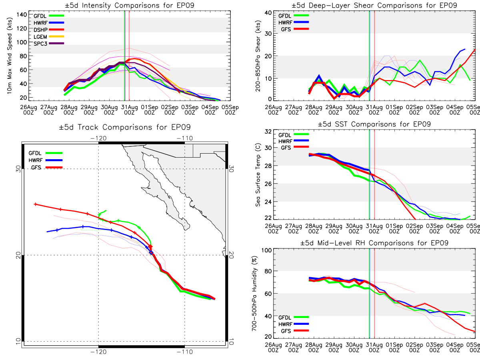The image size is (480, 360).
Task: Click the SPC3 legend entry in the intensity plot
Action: [x=49, y=44]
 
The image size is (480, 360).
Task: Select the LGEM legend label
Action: [x=40, y=37]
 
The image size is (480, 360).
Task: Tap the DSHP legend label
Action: [x=40, y=30]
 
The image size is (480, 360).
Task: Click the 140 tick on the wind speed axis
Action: [x=22, y=15]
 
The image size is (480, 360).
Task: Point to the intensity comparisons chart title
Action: [x=130, y=5]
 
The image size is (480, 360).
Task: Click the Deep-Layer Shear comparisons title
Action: [x=374, y=5]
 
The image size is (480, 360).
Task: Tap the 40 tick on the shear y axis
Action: [x=268, y=13]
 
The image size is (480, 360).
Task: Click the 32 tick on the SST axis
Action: [x=268, y=132]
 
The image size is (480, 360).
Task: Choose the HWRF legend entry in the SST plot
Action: [x=294, y=141]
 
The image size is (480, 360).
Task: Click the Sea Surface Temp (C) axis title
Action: [x=258, y=175]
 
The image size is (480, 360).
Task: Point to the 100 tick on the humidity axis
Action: [x=267, y=250]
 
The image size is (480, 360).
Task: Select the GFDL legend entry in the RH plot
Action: [x=294, y=317]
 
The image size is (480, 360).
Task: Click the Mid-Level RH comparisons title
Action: [x=374, y=243]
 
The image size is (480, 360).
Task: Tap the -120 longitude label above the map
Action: [x=98, y=138]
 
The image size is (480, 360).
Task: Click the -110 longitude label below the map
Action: [x=184, y=352]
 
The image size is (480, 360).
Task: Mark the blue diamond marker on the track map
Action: [x=151, y=253]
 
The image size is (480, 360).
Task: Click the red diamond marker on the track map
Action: [x=150, y=247]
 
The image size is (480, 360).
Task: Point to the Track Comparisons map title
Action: [x=125, y=127]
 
